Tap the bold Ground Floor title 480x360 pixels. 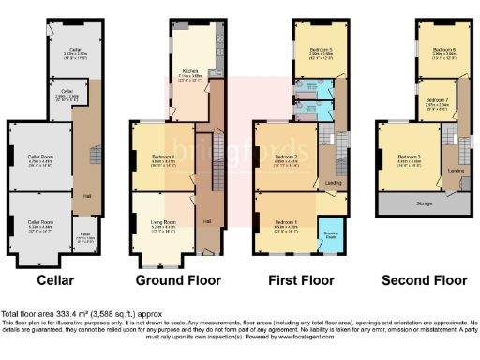tap(178, 279)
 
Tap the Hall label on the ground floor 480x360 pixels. tap(206, 221)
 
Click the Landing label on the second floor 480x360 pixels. tap(455, 172)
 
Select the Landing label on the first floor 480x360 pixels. tap(331, 182)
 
